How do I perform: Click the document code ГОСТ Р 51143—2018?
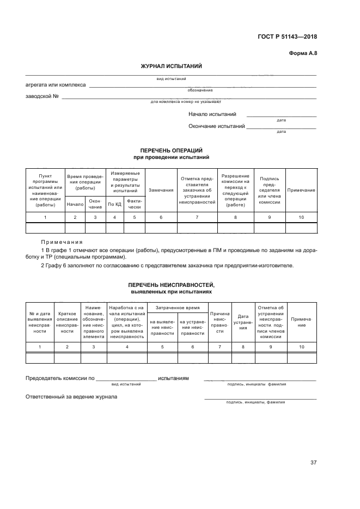pos(288,37)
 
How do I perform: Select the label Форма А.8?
pos(302,53)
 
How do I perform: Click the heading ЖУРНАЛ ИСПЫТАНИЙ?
pos(171,66)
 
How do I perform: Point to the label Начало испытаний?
pos(212,114)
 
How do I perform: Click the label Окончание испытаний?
pos(216,126)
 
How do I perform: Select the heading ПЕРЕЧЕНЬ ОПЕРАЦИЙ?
pos(171,150)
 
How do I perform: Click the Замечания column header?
pos(161,190)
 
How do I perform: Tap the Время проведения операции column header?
pos(85,182)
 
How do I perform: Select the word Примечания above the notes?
pos(62,242)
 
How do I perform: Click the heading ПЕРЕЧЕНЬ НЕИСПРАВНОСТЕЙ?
pos(171,285)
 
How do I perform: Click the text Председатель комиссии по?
pos(60,378)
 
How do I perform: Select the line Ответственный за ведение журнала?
pos(71,396)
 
